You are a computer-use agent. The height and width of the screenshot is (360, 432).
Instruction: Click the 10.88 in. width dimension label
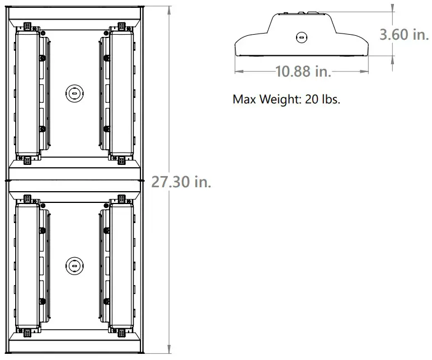(303, 71)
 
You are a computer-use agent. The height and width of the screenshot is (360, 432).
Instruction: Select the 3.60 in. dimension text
(403, 35)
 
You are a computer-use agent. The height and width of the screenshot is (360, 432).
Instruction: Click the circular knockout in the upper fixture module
(74, 93)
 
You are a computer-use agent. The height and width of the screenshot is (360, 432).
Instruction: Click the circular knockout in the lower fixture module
(74, 266)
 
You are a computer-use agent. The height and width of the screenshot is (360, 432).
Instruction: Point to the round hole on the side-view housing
(302, 37)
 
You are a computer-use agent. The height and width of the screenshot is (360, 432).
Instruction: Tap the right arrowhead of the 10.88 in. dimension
(369, 71)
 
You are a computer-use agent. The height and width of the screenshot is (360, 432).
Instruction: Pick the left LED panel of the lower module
(27, 266)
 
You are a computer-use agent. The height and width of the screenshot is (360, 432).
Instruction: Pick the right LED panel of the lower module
(121, 266)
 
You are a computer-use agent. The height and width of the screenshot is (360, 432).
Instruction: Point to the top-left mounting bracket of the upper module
(26, 26)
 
